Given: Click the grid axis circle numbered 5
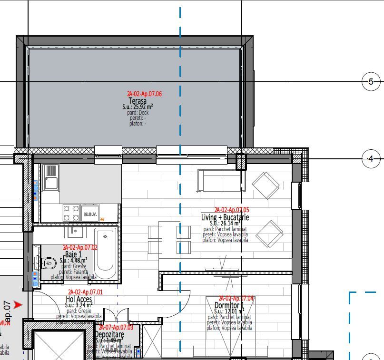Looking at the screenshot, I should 371,82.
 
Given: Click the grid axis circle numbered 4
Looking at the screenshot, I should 371,159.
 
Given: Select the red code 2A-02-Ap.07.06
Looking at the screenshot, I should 144,94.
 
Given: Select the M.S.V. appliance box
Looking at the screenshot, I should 90,213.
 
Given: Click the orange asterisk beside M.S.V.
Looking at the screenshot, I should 102,219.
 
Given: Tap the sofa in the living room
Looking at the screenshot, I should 219,181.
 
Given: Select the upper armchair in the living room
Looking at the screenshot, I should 266,185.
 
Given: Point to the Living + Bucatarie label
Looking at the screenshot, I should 225,217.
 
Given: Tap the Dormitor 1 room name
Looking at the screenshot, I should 229,305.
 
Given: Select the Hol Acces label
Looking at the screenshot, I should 79,299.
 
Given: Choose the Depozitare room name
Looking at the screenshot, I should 109,335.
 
